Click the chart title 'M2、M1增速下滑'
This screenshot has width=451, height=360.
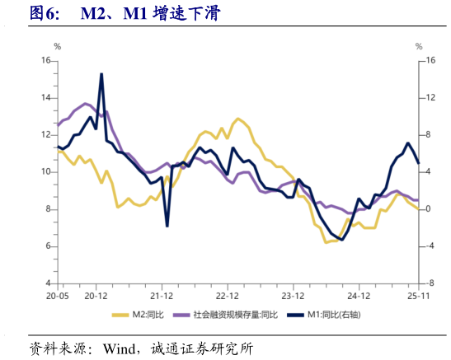(x=148, y=13)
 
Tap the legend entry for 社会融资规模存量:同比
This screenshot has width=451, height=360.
(x=234, y=315)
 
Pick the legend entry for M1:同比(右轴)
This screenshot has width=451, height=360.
(x=333, y=315)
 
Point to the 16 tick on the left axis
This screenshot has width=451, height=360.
(x=46, y=61)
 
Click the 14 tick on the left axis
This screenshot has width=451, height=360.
(x=46, y=98)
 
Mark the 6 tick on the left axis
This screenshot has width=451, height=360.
(x=49, y=246)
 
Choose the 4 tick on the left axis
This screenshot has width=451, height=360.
(x=49, y=283)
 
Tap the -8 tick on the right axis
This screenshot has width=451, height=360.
(x=429, y=283)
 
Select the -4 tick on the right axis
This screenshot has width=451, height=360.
(x=429, y=246)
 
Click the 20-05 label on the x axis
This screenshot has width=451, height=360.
(x=57, y=294)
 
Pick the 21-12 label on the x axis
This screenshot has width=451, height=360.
(x=161, y=294)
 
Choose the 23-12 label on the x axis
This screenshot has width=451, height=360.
(x=294, y=294)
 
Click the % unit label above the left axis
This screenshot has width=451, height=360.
(x=57, y=47)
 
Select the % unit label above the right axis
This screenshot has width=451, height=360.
(x=419, y=47)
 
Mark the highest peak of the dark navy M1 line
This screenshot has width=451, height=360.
(x=101, y=74)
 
